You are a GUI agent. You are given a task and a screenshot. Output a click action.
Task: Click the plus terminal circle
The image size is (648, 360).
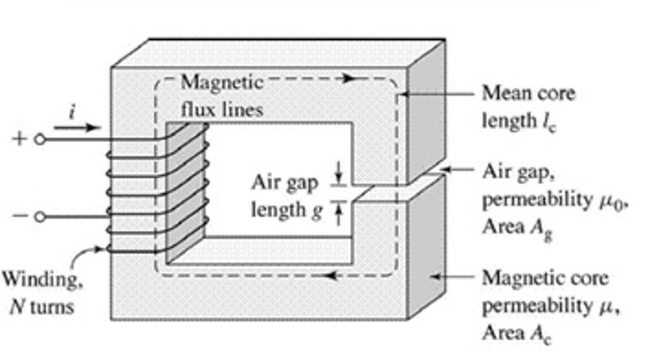coord(40,140)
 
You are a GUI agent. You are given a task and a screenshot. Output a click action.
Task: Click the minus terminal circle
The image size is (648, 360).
coord(40,217)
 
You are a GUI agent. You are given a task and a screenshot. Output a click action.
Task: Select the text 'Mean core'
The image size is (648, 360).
coord(529,94)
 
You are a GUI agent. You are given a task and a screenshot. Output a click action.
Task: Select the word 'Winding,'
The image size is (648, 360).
coord(41,279)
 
